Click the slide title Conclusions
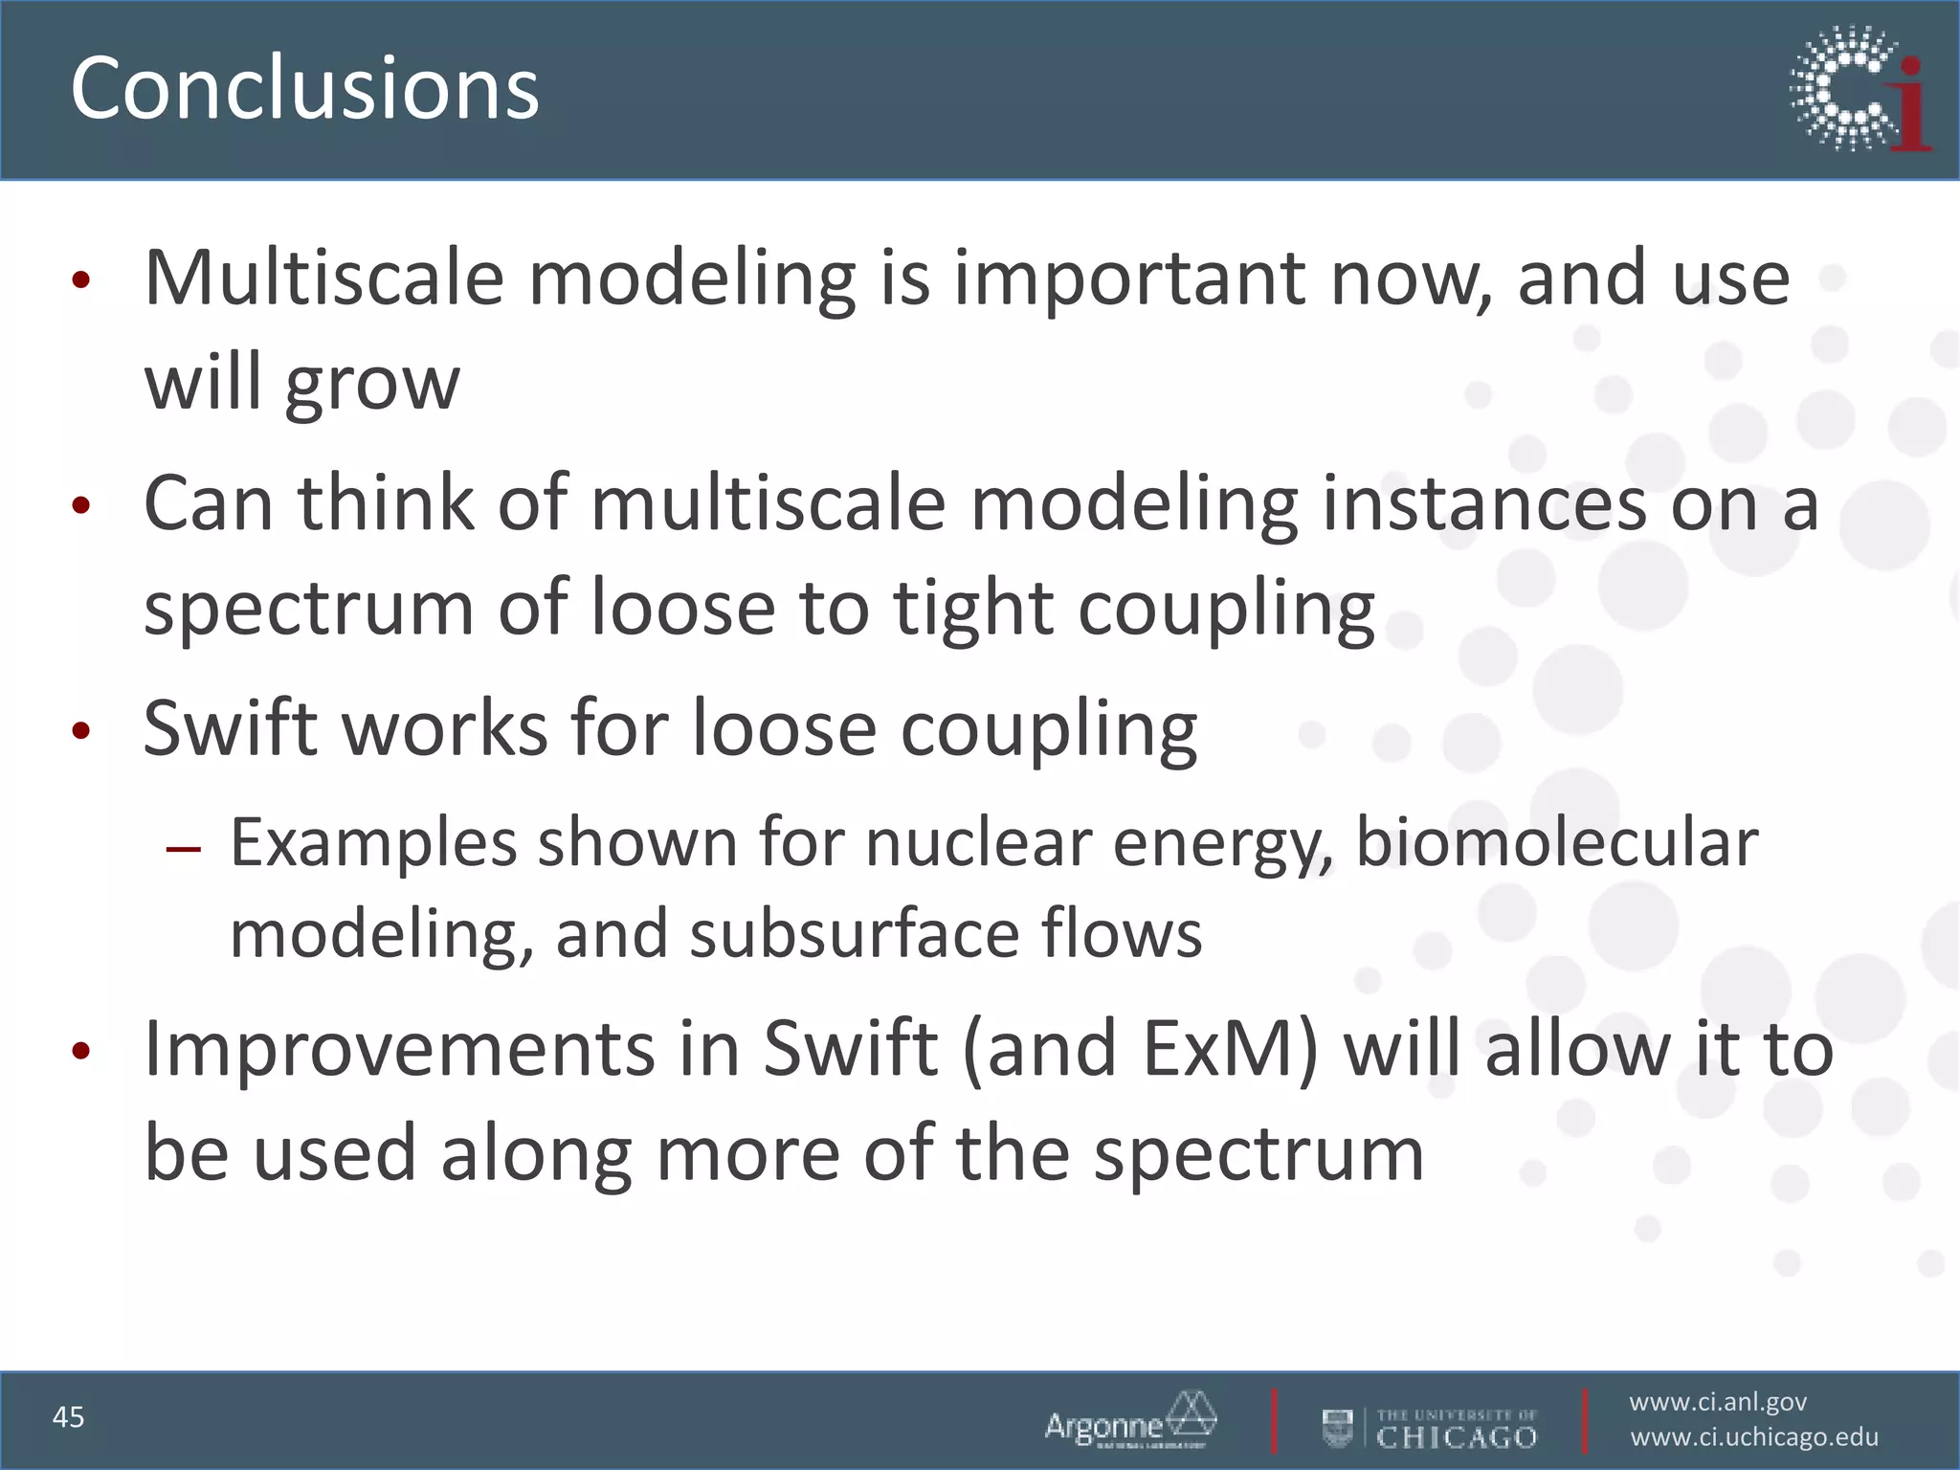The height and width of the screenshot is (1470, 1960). [x=304, y=88]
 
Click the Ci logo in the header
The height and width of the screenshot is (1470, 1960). [x=1860, y=90]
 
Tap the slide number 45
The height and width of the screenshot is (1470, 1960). [x=69, y=1416]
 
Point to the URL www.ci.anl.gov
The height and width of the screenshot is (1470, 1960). [x=1718, y=1402]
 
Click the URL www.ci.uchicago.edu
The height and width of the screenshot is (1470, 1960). [x=1754, y=1437]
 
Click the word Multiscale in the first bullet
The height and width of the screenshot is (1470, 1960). [x=323, y=278]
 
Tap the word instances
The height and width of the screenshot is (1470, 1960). [x=1484, y=504]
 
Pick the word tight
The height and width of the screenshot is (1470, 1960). [x=972, y=609]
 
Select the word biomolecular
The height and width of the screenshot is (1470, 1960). [x=1556, y=843]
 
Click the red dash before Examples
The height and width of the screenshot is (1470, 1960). [x=183, y=849]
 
